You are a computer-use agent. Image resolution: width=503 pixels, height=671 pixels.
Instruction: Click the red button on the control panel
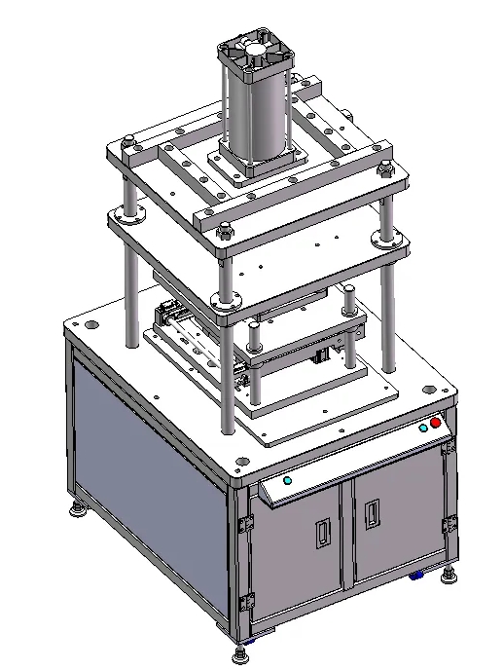[435, 423]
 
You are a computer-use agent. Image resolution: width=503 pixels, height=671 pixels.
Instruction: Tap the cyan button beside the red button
[423, 428]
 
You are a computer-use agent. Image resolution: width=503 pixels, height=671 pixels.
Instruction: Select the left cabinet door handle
[323, 532]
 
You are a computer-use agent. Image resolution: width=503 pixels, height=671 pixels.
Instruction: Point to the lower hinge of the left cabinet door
[248, 602]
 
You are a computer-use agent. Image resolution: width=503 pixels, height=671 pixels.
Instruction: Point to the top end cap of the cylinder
[255, 53]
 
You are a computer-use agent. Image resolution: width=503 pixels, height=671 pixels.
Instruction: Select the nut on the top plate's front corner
[225, 232]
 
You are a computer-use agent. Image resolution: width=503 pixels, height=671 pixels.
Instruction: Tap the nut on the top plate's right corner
[388, 169]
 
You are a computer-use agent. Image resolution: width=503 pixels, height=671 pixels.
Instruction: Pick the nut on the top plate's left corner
[128, 146]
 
